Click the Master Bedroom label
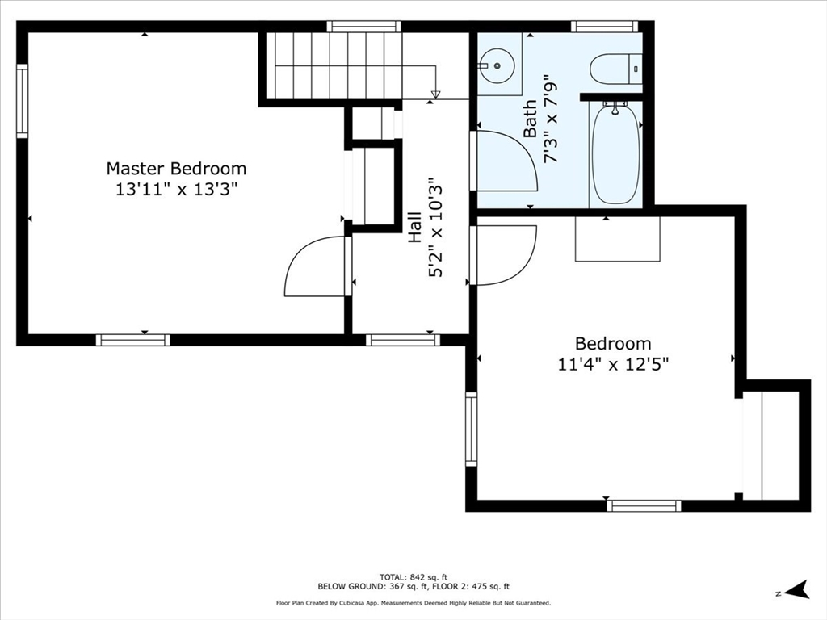click(176, 169)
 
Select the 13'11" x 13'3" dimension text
click(176, 190)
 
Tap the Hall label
click(414, 228)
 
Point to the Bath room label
click(531, 118)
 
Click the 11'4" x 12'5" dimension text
click(613, 364)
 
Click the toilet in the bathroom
click(615, 69)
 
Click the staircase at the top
click(335, 65)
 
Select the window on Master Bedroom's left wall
click(22, 102)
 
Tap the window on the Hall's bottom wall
click(403, 340)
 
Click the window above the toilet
click(604, 27)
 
